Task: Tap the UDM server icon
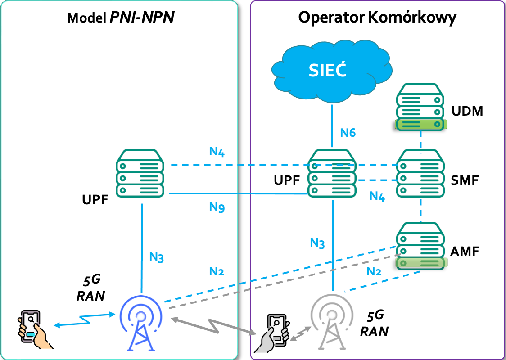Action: point(421,107)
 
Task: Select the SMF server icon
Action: point(421,173)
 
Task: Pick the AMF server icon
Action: point(421,245)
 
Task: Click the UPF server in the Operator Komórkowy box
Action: point(332,173)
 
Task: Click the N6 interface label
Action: point(348,133)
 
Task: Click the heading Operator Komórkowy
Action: point(377,18)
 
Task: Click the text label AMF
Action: point(465,251)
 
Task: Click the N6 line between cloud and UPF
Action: point(332,126)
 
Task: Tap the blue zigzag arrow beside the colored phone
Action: point(83,319)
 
